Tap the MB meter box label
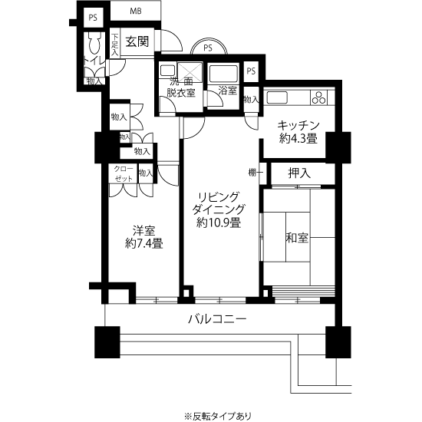point(135,12)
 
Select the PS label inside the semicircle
point(208,48)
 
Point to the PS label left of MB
point(92,17)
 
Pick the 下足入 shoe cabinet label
point(114,45)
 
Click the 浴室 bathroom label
point(226,91)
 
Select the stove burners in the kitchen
point(319,97)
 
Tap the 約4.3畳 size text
point(298,140)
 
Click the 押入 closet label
point(298,173)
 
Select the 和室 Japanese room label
point(298,238)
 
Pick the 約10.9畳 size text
point(219,223)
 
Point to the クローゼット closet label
point(123,173)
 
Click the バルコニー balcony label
point(218,319)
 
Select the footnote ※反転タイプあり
point(217,415)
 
